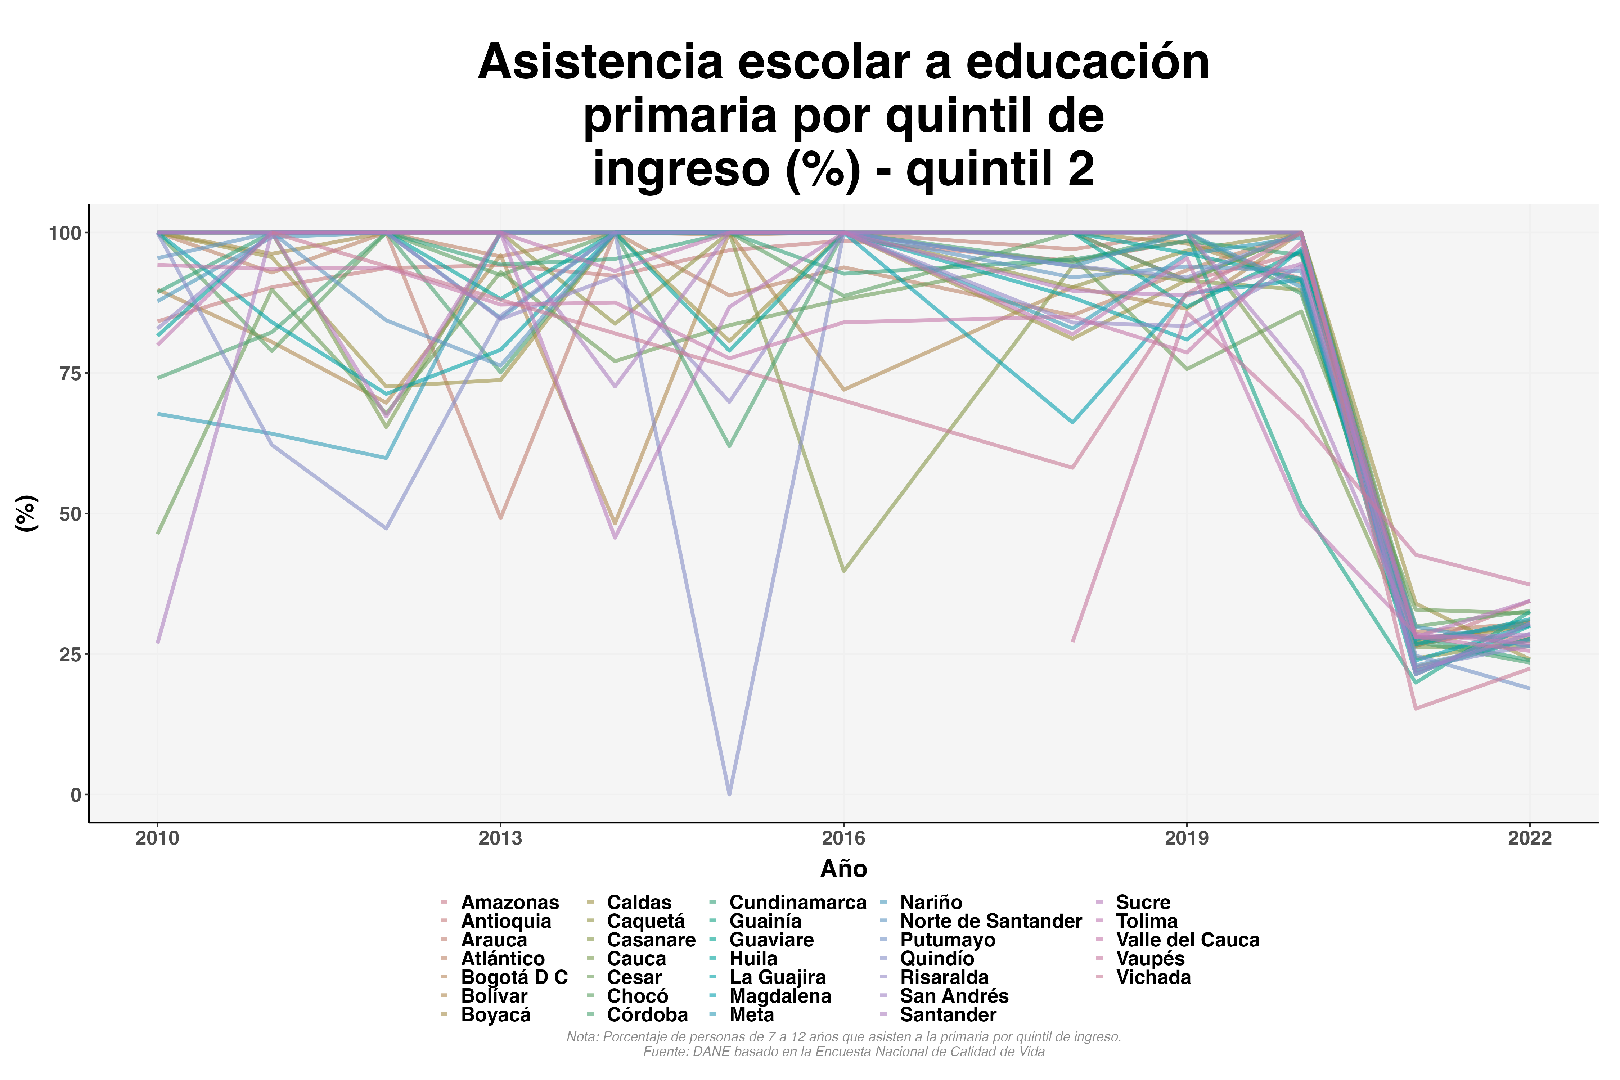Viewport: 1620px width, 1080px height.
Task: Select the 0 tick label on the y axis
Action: (75, 795)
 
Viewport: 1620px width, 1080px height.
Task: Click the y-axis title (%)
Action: (26, 513)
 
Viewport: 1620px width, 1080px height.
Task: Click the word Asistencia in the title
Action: (599, 62)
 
